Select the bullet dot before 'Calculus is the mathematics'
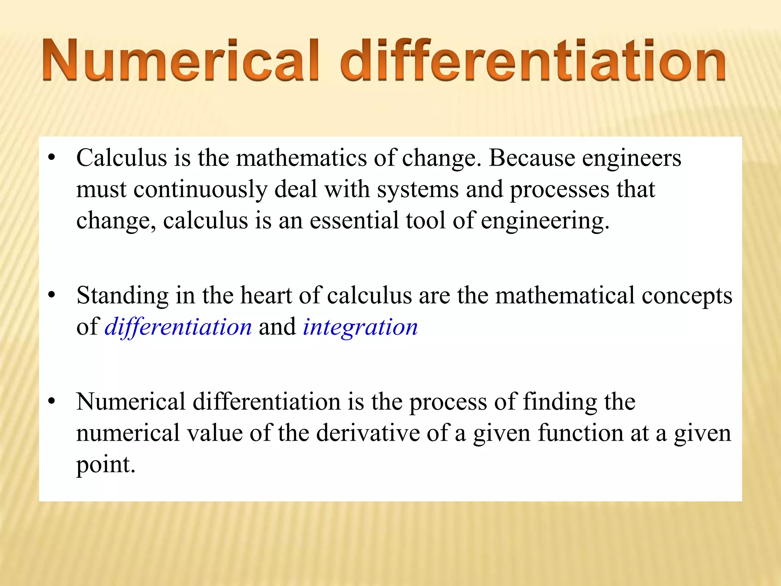point(52,158)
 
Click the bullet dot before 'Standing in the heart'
point(52,295)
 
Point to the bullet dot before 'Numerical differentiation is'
point(52,401)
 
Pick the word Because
point(532,158)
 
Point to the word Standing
point(122,296)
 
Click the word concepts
point(687,296)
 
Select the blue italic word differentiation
point(178,327)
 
